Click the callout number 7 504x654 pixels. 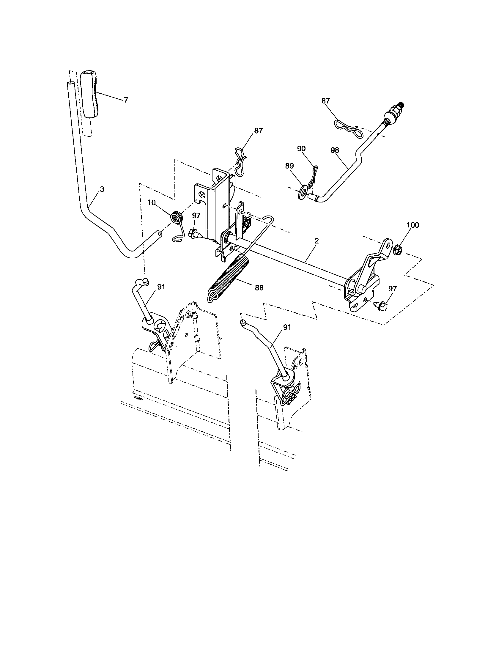[x=126, y=100]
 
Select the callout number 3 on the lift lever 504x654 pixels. [x=102, y=189]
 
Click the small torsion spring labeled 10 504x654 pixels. [x=177, y=216]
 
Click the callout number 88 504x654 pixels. [x=259, y=288]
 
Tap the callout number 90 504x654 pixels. [x=302, y=149]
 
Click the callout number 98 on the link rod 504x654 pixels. [x=335, y=150]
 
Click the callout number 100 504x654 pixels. [x=413, y=225]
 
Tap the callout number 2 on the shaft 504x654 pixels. [x=317, y=240]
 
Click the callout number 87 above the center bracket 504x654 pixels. [x=258, y=131]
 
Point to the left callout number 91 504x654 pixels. [x=161, y=287]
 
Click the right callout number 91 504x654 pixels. [x=287, y=327]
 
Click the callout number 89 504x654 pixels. [x=289, y=166]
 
